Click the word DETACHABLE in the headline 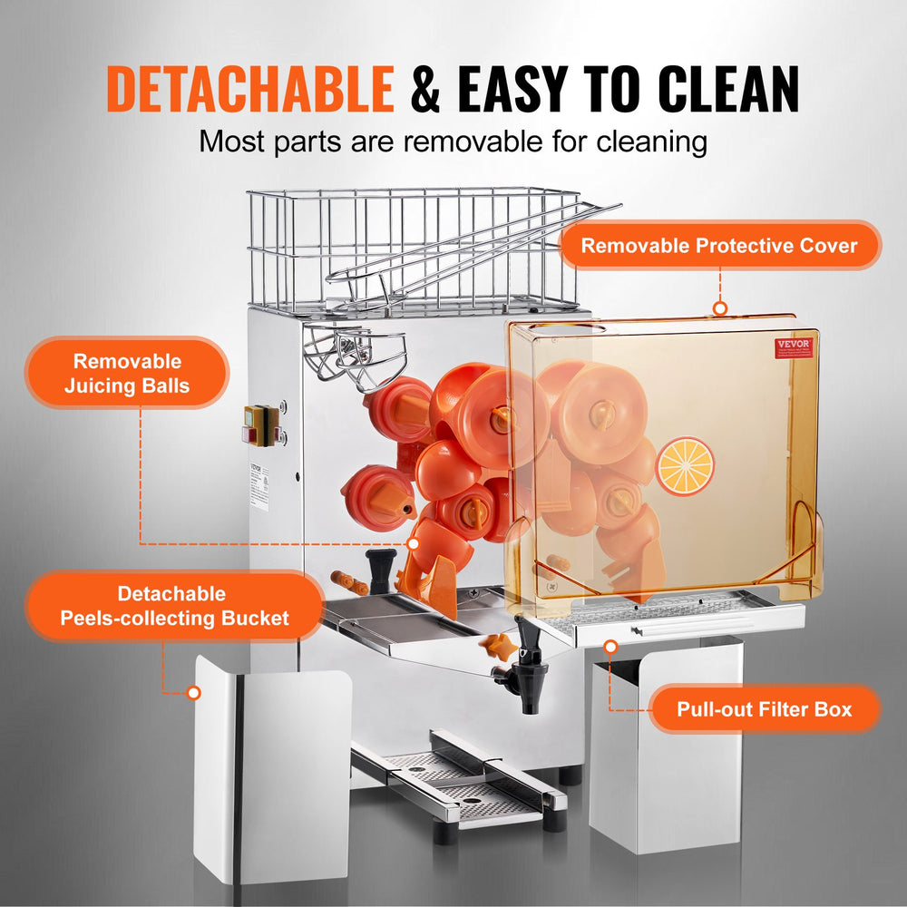[x=250, y=88]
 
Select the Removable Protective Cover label [x=719, y=245]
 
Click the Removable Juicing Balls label [x=127, y=373]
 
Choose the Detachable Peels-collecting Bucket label [x=174, y=606]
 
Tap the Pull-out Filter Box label [x=764, y=708]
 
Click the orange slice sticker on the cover [x=685, y=466]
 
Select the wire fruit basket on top [x=413, y=249]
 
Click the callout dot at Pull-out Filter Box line [x=611, y=647]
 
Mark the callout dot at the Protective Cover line [x=720, y=308]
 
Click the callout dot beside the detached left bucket [x=193, y=693]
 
